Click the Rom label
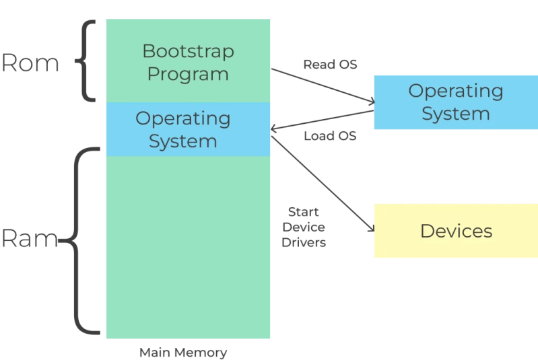[x=30, y=63]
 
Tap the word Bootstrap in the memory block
[x=188, y=51]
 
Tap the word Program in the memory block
[x=188, y=73]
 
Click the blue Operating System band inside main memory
[x=188, y=129]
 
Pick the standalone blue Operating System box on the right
[x=455, y=102]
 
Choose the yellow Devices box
[x=455, y=231]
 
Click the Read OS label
[x=330, y=65]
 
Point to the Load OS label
[x=330, y=136]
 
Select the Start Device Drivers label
[x=304, y=227]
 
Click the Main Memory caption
[x=183, y=353]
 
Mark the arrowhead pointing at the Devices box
[x=370, y=229]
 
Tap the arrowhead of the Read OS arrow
[x=370, y=102]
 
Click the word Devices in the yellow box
[x=456, y=231]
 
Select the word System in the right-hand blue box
[x=455, y=113]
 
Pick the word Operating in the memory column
[x=183, y=118]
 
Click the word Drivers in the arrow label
[x=304, y=242]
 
